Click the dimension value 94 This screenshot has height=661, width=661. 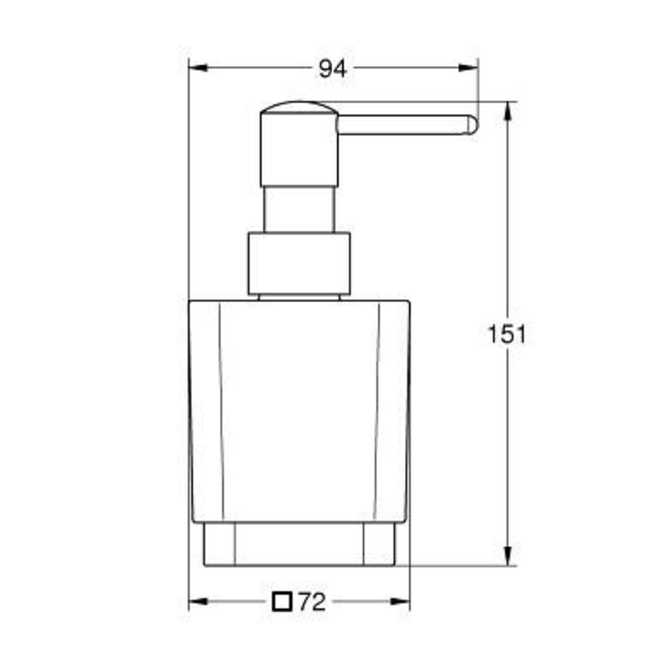coord(332,69)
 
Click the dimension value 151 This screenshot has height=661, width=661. coord(507,334)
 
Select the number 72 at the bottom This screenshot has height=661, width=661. coord(313,602)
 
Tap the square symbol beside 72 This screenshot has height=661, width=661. coord(282,602)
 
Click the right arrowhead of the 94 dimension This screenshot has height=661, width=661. coord(469,67)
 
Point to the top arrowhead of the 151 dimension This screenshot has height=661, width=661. coord(508,111)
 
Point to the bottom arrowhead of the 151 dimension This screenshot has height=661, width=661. coord(508,556)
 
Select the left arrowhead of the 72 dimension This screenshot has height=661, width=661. coord(198,602)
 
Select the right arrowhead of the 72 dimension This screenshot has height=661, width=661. coord(400,602)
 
